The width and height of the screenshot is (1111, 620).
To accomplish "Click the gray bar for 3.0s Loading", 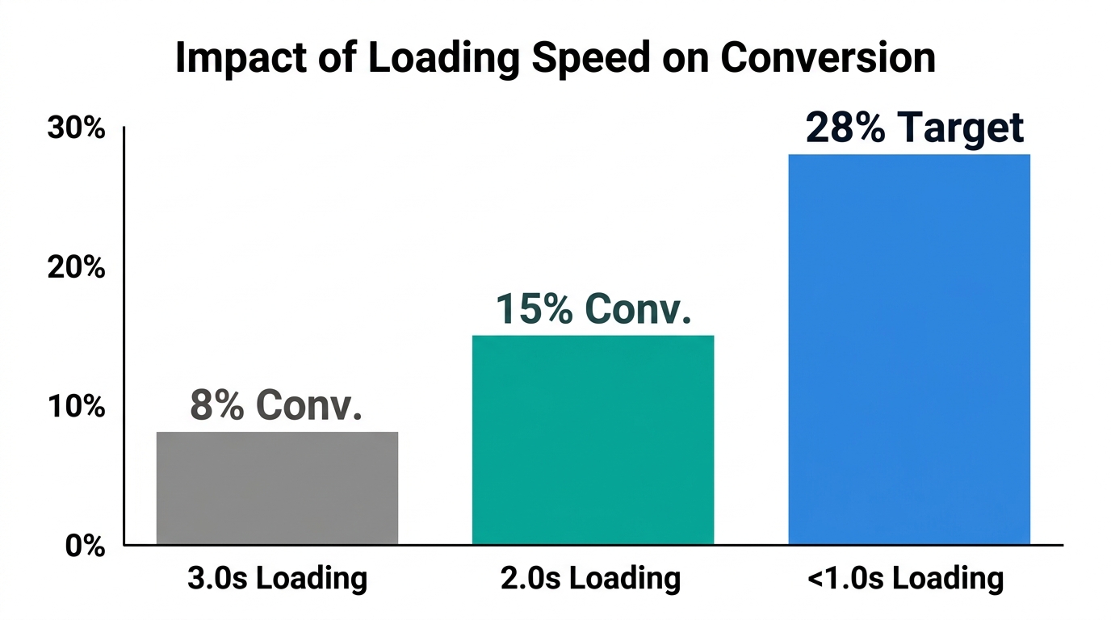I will [277, 488].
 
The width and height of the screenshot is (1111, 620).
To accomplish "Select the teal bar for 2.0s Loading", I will [593, 439].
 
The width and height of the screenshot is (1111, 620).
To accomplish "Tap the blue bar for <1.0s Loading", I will [909, 349].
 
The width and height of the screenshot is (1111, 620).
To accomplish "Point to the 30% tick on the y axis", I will [77, 128].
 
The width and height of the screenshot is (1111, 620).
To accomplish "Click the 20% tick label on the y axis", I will [77, 267].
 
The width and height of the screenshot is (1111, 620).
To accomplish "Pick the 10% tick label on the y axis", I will [77, 406].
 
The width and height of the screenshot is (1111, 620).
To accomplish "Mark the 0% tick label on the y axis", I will [84, 545].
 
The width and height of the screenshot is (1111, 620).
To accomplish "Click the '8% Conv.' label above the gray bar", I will [276, 405].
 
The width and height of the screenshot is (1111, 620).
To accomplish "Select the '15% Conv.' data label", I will [593, 308].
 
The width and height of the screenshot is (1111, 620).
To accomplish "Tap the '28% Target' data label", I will [915, 128].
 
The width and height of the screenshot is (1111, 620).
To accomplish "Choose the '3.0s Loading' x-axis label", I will [277, 578].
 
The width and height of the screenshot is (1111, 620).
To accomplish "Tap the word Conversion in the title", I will [828, 58].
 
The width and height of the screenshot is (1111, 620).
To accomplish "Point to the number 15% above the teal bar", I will [533, 308].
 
